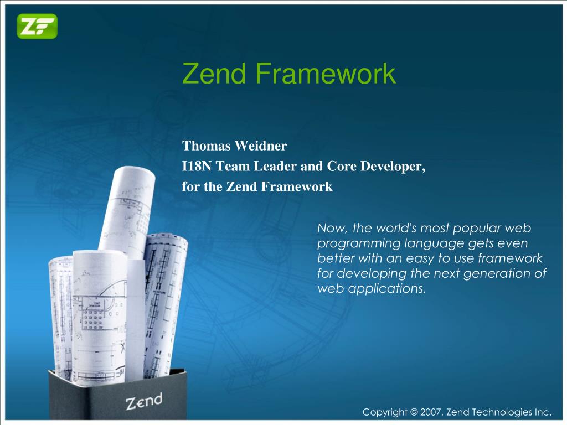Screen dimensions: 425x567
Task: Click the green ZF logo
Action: click(37, 26)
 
